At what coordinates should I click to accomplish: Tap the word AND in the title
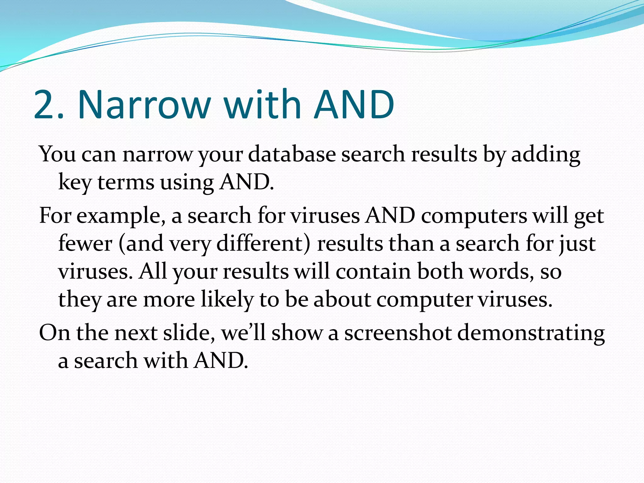354,105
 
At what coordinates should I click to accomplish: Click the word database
292,154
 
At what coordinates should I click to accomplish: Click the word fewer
85,244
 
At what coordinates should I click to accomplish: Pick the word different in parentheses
260,244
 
